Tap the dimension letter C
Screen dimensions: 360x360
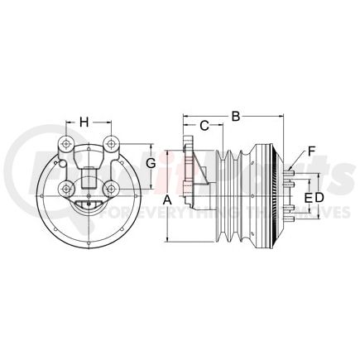click(x=204, y=127)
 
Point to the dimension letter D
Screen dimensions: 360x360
click(x=319, y=198)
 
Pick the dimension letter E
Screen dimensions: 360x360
click(x=308, y=198)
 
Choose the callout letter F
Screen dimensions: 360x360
click(x=311, y=151)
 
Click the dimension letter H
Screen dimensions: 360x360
click(x=84, y=123)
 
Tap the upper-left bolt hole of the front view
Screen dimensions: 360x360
click(x=64, y=146)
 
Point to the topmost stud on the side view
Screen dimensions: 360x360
click(x=290, y=170)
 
